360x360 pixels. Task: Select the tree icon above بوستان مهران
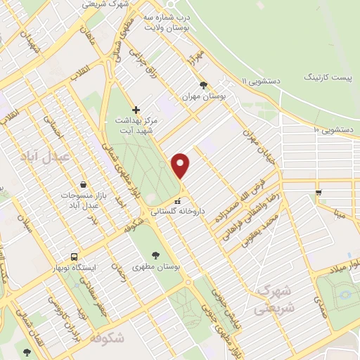click(x=204, y=84)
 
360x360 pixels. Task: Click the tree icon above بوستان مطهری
click(x=155, y=255)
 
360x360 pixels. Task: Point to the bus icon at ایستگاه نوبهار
click(x=74, y=257)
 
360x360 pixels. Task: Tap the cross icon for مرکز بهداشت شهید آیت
click(x=136, y=110)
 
